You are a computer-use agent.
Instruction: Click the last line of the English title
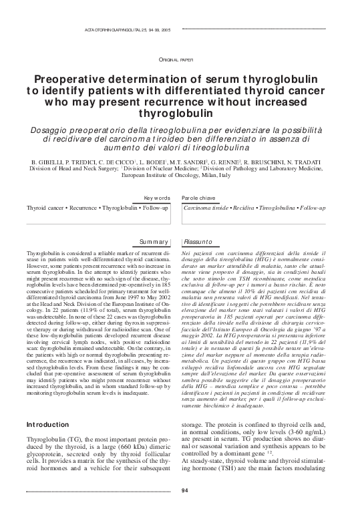point(180,113)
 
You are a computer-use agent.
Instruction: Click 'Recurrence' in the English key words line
point(81,208)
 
